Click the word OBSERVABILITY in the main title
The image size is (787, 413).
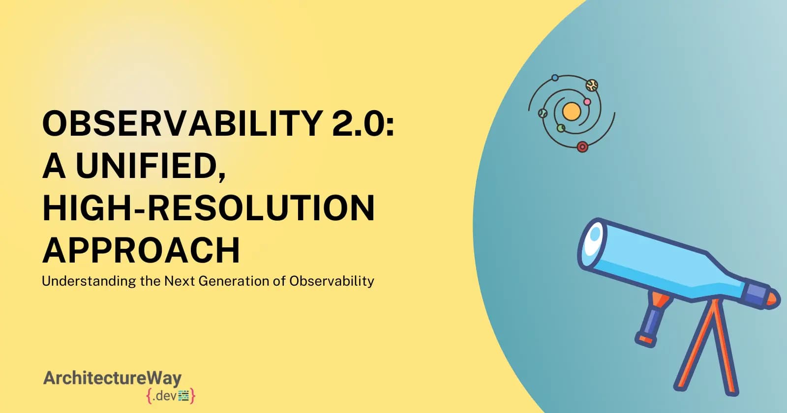[x=182, y=122]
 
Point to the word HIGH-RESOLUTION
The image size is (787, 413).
[x=209, y=207]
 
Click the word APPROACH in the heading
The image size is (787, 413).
[x=141, y=250]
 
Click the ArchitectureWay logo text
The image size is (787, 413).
[x=113, y=378]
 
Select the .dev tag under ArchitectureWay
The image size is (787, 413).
[x=171, y=395]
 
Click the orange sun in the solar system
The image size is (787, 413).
[x=571, y=112]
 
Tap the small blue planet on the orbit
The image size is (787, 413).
[x=555, y=78]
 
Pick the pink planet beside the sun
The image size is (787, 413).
[x=587, y=102]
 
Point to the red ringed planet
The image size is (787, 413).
[x=582, y=147]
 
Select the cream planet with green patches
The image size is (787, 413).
[x=591, y=86]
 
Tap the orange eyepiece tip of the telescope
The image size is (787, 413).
[x=773, y=298]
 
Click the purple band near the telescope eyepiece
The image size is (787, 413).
[x=756, y=294]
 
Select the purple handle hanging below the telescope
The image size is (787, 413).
[x=650, y=323]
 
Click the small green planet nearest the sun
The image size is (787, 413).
[x=561, y=128]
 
